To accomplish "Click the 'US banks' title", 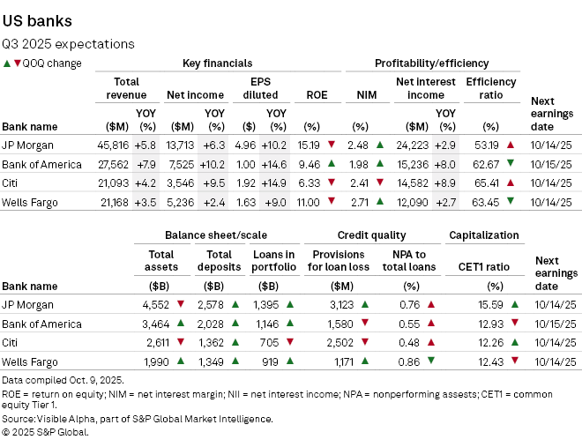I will (x=38, y=20).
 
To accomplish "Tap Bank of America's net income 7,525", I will (x=183, y=164).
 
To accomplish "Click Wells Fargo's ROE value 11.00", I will (x=310, y=203).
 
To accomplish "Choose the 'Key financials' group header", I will (x=217, y=63).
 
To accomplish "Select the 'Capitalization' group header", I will (x=483, y=235).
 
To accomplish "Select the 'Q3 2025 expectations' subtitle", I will (x=69, y=43).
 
